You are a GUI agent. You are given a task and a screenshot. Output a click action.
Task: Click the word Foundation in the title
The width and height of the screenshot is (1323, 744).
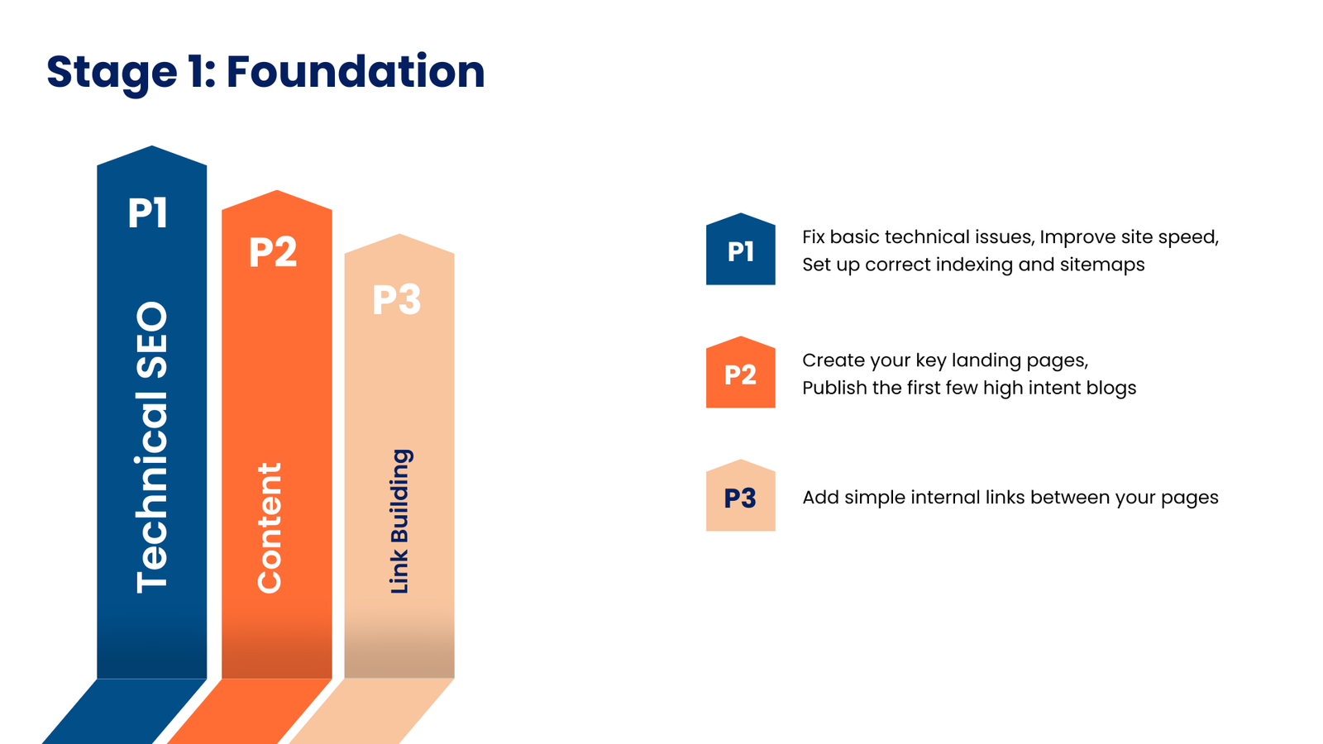356,71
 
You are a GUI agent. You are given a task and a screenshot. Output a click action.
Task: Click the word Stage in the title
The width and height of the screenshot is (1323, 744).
111,73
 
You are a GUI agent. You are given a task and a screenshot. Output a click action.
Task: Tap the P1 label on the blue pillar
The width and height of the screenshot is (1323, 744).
148,212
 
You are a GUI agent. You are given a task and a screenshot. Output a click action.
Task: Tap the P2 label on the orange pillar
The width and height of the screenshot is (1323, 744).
273,252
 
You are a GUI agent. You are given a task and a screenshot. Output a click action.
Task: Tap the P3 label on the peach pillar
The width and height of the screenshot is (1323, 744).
397,300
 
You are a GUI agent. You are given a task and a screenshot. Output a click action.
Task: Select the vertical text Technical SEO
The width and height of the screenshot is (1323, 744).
152,446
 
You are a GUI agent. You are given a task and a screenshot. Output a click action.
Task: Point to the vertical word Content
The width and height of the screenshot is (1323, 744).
270,527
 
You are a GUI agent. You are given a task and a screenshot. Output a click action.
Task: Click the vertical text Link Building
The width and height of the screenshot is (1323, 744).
399,521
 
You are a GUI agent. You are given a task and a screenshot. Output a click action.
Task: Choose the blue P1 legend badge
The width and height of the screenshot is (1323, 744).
740,251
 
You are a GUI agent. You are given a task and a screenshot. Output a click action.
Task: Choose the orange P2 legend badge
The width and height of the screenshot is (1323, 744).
740,374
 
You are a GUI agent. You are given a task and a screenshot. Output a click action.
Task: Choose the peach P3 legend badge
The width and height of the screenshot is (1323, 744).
740,498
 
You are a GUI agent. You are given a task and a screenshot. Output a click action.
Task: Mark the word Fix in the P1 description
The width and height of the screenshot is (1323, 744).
814,237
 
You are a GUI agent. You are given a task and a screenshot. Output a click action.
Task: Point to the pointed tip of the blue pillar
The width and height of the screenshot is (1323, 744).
152,149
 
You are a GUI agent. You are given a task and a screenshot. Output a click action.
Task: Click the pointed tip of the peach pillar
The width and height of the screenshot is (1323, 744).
399,236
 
